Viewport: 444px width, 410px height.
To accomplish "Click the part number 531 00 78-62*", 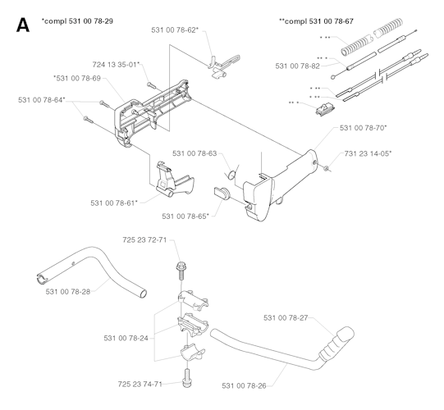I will (174, 30).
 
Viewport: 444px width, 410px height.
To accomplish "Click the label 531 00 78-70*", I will (366, 128).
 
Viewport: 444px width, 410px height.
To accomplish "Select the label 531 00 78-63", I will (195, 153).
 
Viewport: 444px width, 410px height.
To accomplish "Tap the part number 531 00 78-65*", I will (185, 216).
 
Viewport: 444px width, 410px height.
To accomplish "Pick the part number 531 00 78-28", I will (69, 291).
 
